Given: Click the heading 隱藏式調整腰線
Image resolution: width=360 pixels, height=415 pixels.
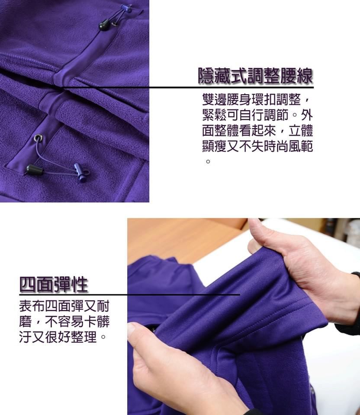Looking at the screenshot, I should click(x=255, y=77).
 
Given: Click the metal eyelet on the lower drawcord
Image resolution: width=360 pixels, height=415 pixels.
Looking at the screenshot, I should click(x=39, y=139).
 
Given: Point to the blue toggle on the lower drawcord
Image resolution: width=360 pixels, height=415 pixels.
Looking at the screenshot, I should click(x=80, y=172).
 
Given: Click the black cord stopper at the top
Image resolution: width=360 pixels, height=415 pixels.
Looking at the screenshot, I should click(x=104, y=25).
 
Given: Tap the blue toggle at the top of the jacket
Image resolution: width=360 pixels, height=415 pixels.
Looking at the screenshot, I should click(x=126, y=8).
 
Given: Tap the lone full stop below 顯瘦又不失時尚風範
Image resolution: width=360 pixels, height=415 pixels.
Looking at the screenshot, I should click(x=208, y=162).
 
